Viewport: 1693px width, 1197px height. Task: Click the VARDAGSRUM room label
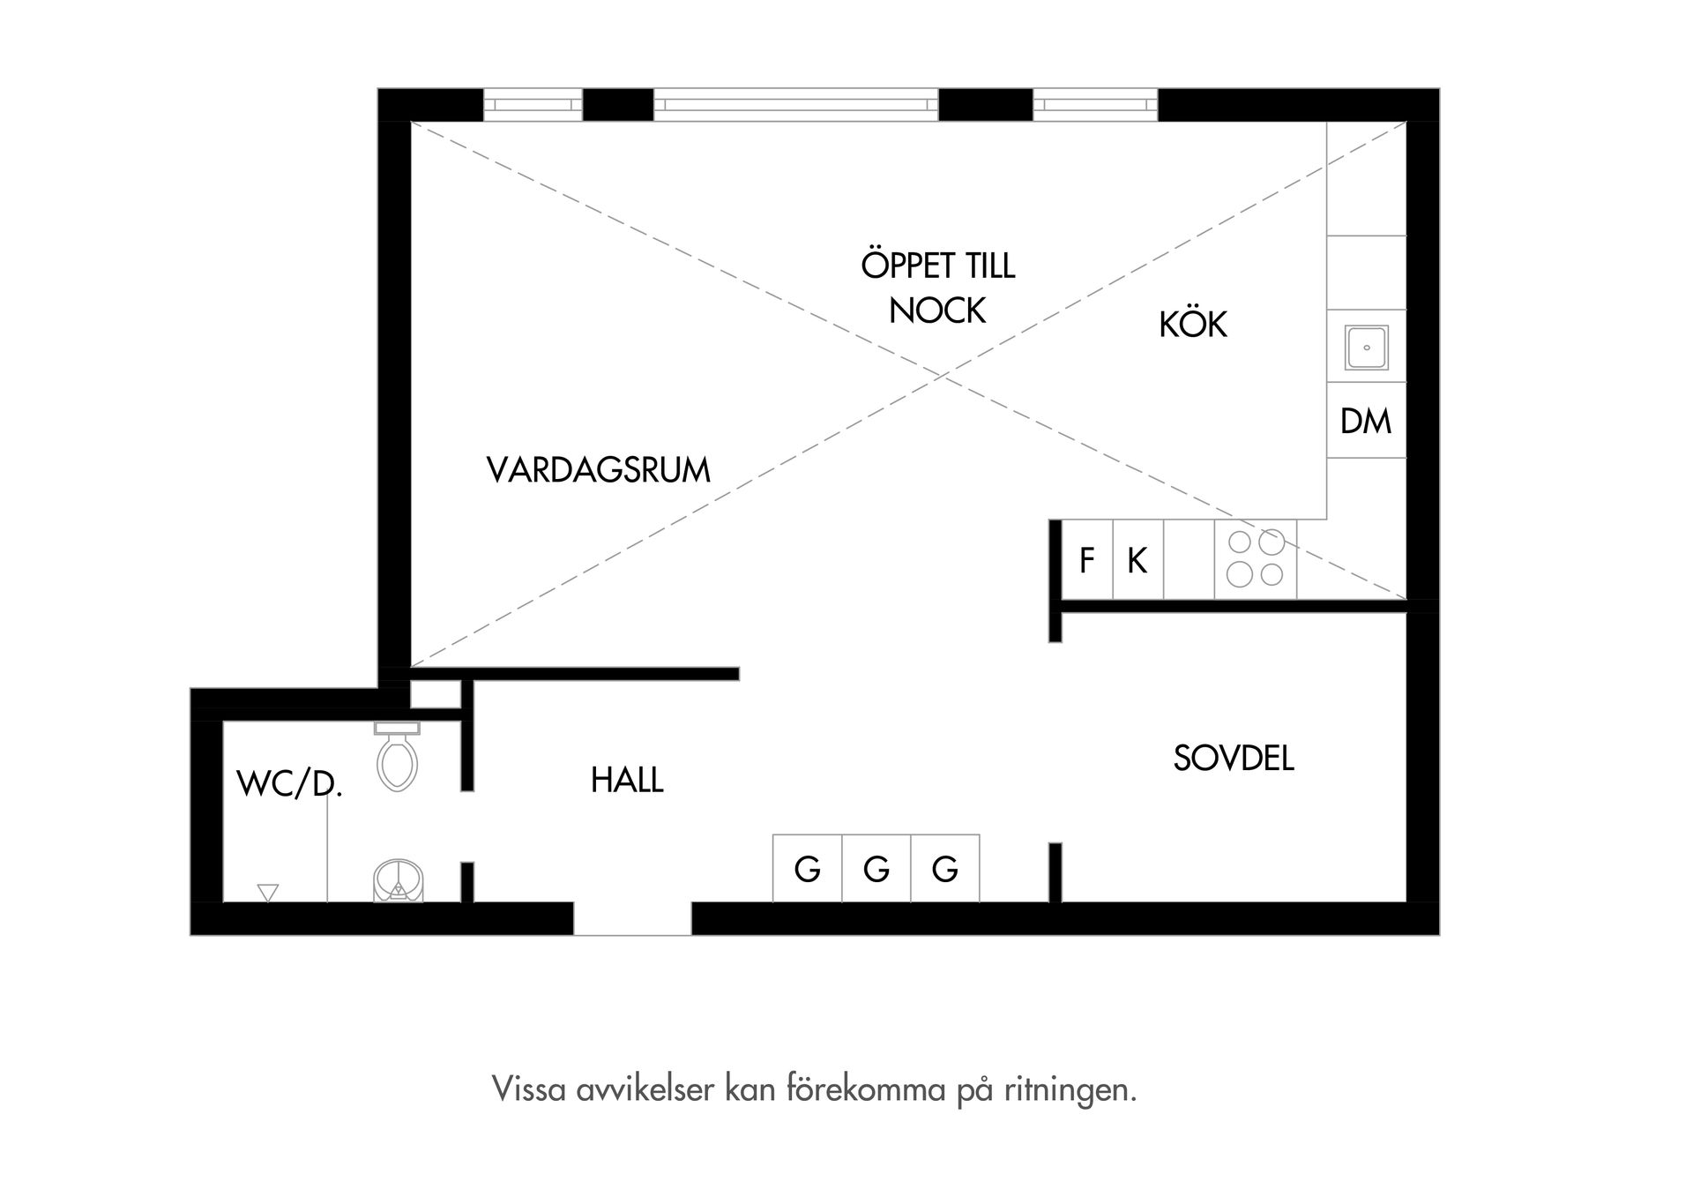pyautogui.click(x=598, y=470)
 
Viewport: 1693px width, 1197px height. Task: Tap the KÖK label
pyautogui.click(x=1192, y=325)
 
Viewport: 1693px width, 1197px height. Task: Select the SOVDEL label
pyautogui.click(x=1233, y=759)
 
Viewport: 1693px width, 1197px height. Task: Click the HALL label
pyautogui.click(x=627, y=781)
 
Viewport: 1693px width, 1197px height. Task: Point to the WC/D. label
pyautogui.click(x=288, y=783)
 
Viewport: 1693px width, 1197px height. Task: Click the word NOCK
pyautogui.click(x=937, y=310)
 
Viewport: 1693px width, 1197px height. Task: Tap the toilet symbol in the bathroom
pyautogui.click(x=398, y=759)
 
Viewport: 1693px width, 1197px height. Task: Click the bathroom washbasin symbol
pyautogui.click(x=398, y=881)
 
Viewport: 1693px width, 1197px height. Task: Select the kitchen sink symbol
pyautogui.click(x=1366, y=348)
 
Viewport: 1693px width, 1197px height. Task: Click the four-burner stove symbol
pyautogui.click(x=1256, y=559)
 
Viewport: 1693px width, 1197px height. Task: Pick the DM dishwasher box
pyautogui.click(x=1366, y=422)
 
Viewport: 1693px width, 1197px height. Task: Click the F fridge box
pyautogui.click(x=1087, y=560)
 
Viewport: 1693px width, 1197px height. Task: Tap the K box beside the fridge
pyautogui.click(x=1137, y=560)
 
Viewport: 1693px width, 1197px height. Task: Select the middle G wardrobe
pyautogui.click(x=876, y=870)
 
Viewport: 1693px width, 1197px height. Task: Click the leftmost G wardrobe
pyautogui.click(x=808, y=870)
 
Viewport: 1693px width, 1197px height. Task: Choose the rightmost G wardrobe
pyautogui.click(x=945, y=870)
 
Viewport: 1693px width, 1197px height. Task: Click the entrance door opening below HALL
pyautogui.click(x=632, y=919)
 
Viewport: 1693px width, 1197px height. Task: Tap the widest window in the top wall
pyautogui.click(x=795, y=105)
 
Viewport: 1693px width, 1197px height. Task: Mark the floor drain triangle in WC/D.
pyautogui.click(x=268, y=893)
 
